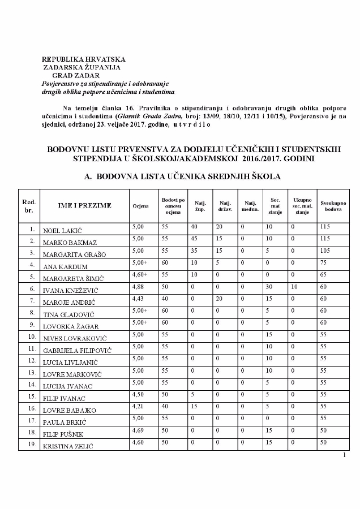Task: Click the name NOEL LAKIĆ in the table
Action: [59, 230]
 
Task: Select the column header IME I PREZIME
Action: [84, 205]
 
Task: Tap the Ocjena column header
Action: [140, 206]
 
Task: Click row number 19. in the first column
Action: [29, 445]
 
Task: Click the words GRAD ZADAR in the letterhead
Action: [75, 75]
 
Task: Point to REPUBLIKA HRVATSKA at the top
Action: [84, 59]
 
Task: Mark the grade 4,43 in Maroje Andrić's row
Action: [138, 299]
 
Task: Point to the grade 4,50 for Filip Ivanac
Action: [138, 394]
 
